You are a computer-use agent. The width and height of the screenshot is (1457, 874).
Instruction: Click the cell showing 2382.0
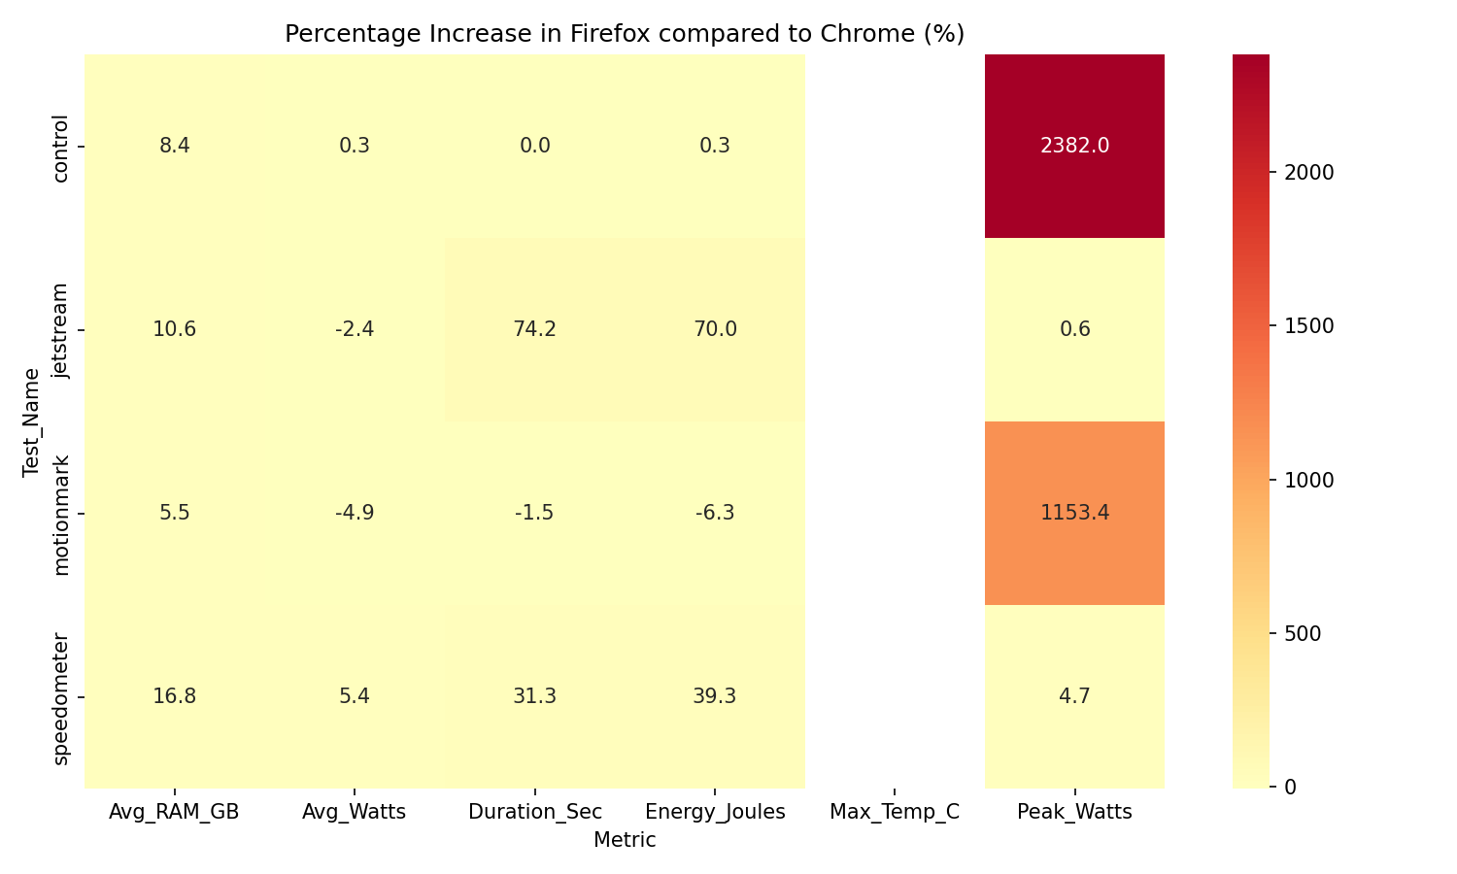pyautogui.click(x=1074, y=146)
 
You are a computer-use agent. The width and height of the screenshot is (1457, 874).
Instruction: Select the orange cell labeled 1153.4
pyautogui.click(x=1074, y=513)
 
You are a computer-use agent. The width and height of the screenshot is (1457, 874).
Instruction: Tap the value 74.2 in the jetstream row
pyautogui.click(x=534, y=329)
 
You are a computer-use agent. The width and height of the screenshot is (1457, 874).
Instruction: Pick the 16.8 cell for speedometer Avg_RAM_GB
pyautogui.click(x=175, y=696)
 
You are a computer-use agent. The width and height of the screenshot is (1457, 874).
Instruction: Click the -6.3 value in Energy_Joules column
pyautogui.click(x=715, y=513)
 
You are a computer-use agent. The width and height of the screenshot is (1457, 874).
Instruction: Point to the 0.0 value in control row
pyautogui.click(x=534, y=146)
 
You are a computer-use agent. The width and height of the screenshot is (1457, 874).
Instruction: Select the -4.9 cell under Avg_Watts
pyautogui.click(x=355, y=513)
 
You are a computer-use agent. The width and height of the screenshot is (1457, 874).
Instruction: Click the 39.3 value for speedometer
pyautogui.click(x=715, y=696)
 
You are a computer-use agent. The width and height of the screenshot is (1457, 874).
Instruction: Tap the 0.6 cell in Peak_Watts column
pyautogui.click(x=1074, y=329)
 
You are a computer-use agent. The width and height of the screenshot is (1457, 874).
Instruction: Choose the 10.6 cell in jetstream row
pyautogui.click(x=175, y=329)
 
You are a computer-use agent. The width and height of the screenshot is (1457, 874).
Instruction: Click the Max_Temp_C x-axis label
pyautogui.click(x=895, y=813)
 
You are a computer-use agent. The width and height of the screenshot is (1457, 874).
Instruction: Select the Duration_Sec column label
pyautogui.click(x=534, y=813)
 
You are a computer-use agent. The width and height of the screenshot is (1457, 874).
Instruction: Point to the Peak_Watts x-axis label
pyautogui.click(x=1074, y=813)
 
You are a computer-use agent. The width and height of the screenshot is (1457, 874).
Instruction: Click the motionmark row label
pyautogui.click(x=61, y=514)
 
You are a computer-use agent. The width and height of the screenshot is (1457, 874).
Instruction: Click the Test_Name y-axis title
pyautogui.click(x=32, y=421)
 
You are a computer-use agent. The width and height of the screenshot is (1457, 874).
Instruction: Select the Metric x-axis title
pyautogui.click(x=625, y=841)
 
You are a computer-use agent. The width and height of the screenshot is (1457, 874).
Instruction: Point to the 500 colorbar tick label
pyautogui.click(x=1301, y=633)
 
